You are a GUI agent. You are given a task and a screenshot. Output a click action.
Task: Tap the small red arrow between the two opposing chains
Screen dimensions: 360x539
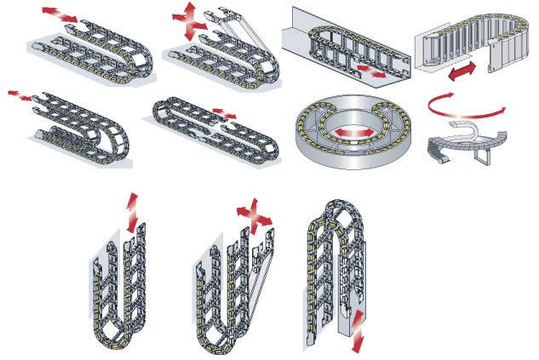[224, 112]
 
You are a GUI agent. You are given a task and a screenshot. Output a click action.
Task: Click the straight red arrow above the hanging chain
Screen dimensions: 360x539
[129, 211]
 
